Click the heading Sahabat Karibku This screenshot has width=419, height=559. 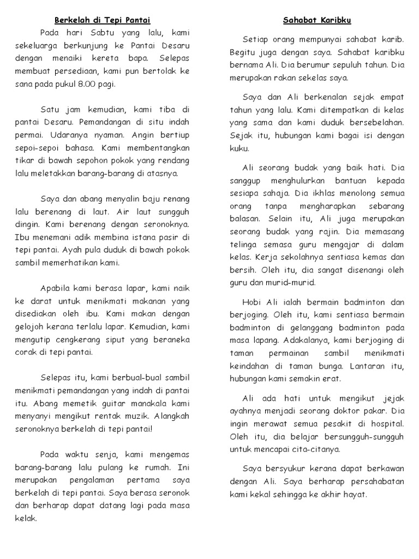[316, 21]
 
